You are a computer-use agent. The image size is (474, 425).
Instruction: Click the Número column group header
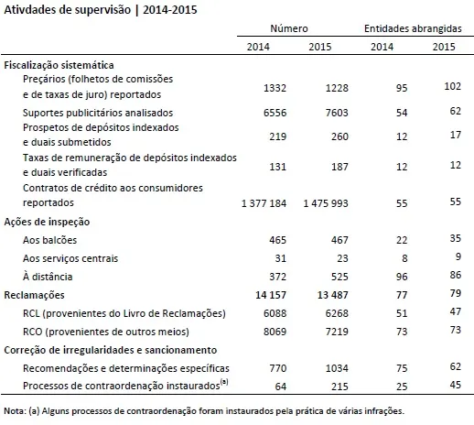click(x=289, y=28)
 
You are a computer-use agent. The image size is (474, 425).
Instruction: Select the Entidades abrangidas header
click(x=413, y=28)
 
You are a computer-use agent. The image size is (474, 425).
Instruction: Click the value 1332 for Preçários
click(x=275, y=88)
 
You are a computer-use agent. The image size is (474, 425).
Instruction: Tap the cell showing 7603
click(x=337, y=113)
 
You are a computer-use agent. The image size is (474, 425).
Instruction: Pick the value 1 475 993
click(x=326, y=203)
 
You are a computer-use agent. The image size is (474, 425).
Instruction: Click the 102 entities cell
click(x=453, y=86)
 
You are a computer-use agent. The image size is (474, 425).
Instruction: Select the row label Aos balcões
click(x=49, y=240)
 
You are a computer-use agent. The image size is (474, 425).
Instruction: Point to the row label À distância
click(x=48, y=277)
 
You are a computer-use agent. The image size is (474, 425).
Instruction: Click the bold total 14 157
click(x=271, y=295)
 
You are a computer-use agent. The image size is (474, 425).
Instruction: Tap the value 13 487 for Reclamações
click(x=333, y=295)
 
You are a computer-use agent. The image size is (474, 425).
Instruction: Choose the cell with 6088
click(x=275, y=313)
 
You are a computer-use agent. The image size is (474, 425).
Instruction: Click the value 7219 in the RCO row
click(x=337, y=332)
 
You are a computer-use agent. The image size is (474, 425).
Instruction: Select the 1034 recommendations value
click(x=337, y=368)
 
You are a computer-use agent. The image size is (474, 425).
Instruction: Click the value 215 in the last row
click(x=339, y=387)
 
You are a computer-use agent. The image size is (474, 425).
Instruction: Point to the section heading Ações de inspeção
click(x=47, y=222)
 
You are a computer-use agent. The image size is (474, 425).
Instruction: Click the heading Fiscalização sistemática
click(x=59, y=65)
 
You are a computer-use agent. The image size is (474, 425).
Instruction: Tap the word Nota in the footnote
click(x=15, y=411)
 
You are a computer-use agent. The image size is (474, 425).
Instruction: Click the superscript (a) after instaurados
click(x=224, y=382)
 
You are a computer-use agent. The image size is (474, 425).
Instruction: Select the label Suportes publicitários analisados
click(x=98, y=113)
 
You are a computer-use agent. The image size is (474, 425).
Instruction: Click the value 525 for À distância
click(x=339, y=277)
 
